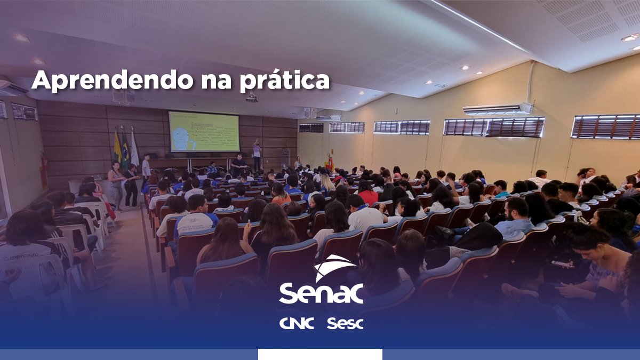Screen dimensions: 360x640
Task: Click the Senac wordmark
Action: [x=321, y=293]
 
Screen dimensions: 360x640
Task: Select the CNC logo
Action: [x=297, y=323]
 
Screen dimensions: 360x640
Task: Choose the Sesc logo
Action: [x=345, y=323]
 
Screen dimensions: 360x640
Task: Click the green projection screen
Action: [x=204, y=131]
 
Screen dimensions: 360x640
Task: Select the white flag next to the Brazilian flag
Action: [x=134, y=149]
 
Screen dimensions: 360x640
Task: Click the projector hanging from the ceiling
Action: [x=252, y=98]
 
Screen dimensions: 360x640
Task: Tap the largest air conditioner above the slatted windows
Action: [x=497, y=109]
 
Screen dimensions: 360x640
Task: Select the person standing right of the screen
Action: [x=257, y=155]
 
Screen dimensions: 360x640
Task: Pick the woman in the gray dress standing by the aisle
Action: [x=116, y=184]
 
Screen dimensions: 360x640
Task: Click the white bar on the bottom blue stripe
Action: [x=320, y=354]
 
